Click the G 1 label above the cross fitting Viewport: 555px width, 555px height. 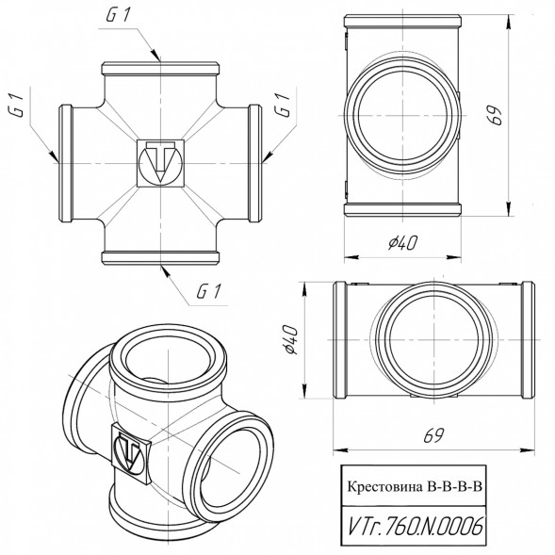point(119,15)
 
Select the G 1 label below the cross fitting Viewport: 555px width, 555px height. point(209,291)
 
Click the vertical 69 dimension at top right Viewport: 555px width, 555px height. point(495,115)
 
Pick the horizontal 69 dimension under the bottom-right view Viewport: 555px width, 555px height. point(433,435)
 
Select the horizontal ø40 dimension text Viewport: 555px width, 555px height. point(402,243)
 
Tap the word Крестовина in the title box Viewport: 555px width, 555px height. point(385,487)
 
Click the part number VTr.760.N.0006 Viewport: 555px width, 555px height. point(415,526)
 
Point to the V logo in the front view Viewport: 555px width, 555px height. point(161,163)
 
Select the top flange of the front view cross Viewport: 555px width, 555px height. point(160,68)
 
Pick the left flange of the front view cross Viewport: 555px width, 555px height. point(65,163)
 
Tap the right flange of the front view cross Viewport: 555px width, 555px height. point(255,163)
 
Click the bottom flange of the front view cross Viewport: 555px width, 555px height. point(160,258)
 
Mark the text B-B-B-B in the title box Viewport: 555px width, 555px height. point(455,487)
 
